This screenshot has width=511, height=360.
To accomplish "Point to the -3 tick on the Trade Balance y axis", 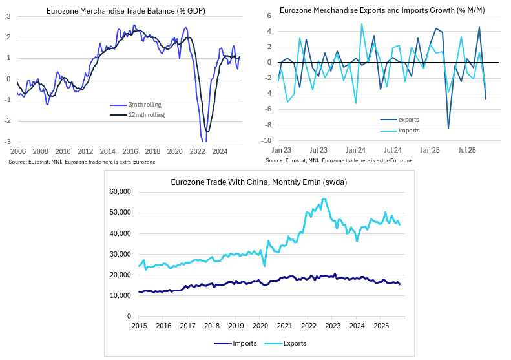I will (7, 142).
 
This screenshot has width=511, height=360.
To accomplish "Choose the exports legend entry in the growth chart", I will (408, 120).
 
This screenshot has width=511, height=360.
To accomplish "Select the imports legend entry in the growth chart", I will (409, 131).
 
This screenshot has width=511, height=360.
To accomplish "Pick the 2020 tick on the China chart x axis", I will (260, 326).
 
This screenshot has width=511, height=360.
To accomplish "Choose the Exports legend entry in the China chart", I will (293, 344).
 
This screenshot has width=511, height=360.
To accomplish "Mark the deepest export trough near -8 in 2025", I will (448, 129).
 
